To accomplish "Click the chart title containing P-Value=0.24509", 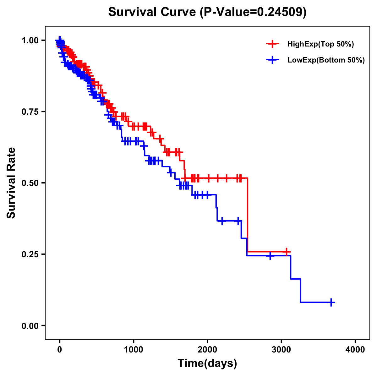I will point(207,12).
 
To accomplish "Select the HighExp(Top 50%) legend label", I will point(320,44).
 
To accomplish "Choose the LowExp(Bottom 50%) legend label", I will point(326,60).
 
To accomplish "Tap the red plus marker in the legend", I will point(272,44).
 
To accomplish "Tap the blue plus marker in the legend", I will point(272,60).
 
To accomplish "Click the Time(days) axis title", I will point(207,363).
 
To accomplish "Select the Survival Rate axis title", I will point(12,183).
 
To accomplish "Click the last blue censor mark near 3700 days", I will point(331,302).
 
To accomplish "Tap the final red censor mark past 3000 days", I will point(286,252).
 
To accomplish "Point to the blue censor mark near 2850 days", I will point(270,256).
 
